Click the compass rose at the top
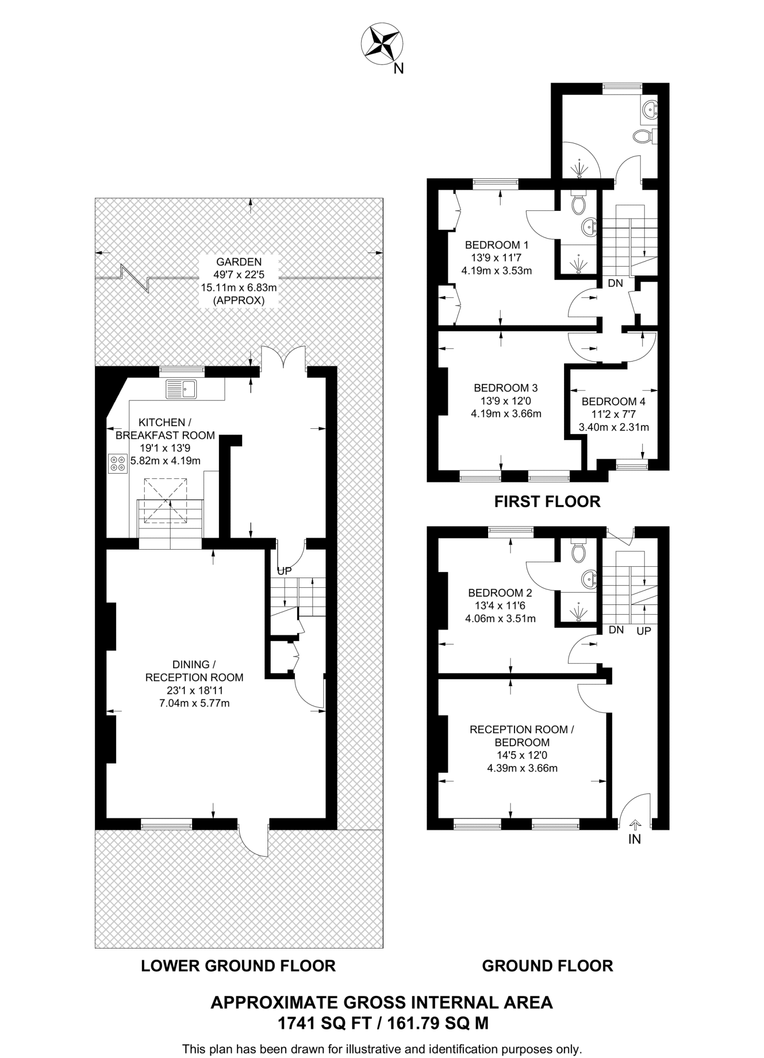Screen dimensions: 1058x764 click(x=382, y=45)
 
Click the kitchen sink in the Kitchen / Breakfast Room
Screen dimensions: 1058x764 click(x=181, y=389)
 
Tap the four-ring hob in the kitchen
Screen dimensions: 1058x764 click(x=117, y=463)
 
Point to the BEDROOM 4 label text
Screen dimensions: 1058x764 click(x=613, y=401)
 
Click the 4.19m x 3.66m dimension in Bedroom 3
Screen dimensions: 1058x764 click(x=506, y=413)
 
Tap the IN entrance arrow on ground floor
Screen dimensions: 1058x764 click(x=635, y=825)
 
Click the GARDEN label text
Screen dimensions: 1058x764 click(x=239, y=262)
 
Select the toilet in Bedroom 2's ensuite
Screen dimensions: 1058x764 click(x=579, y=552)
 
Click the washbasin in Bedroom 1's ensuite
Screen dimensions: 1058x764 click(x=589, y=226)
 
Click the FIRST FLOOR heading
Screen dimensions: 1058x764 click(x=547, y=501)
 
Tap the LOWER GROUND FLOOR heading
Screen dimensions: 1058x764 click(x=238, y=966)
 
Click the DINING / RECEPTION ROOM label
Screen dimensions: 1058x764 click(x=194, y=671)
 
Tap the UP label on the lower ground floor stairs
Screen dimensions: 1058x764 click(x=285, y=571)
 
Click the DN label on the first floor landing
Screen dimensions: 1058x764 click(x=615, y=283)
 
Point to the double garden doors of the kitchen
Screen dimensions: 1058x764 click(x=284, y=358)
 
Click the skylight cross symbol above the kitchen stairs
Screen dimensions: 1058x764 click(x=165, y=501)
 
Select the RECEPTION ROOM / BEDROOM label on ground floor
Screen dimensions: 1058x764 click(x=522, y=736)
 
